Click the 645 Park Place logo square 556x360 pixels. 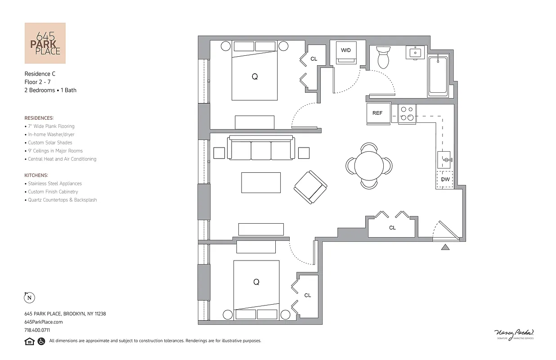tap(45, 43)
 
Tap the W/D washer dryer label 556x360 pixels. tap(345, 50)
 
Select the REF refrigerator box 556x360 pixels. tap(378, 113)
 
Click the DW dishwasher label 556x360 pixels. tap(445, 180)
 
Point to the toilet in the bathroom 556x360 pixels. tap(383, 58)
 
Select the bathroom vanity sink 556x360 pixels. tap(415, 53)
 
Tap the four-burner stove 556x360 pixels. tap(408, 113)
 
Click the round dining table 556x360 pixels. tap(369, 165)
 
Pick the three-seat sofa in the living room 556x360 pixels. tap(261, 148)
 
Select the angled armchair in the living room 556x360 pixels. tap(310, 187)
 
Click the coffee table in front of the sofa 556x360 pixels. tap(261, 182)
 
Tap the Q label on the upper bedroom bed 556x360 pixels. tap(255, 77)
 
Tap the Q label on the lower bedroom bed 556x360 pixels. tap(256, 282)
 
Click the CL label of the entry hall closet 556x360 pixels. tap(392, 228)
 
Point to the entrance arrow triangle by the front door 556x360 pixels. tap(445, 247)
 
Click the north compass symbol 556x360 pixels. tap(29, 297)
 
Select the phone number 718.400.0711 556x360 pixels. tap(37, 330)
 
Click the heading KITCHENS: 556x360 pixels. tap(36, 175)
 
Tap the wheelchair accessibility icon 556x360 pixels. tap(41, 341)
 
